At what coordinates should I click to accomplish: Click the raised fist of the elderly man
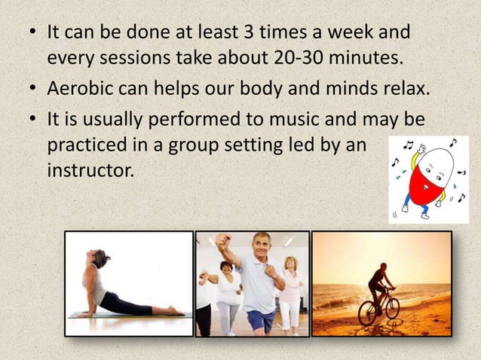(x=221, y=240)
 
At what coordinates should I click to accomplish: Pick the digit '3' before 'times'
(x=247, y=34)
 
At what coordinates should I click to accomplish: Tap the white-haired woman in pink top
(x=290, y=286)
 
